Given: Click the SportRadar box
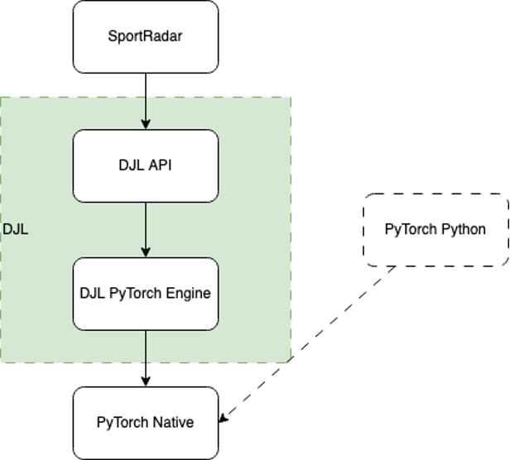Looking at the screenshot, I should (146, 36).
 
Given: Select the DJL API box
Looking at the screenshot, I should (146, 165).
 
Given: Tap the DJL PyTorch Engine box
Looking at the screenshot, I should (146, 293).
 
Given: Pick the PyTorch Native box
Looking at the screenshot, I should (146, 422).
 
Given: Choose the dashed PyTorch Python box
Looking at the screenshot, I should (435, 229).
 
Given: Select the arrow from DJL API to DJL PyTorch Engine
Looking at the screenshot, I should (146, 228).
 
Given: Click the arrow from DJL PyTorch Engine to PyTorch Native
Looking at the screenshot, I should (146, 356).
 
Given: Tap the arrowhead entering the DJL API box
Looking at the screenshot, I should (146, 124).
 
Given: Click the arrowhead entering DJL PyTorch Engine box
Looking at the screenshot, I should (146, 252).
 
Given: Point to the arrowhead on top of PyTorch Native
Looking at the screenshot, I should (146, 381).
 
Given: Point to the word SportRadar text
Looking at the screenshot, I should (146, 36).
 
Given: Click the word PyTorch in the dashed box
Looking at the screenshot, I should (410, 229).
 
